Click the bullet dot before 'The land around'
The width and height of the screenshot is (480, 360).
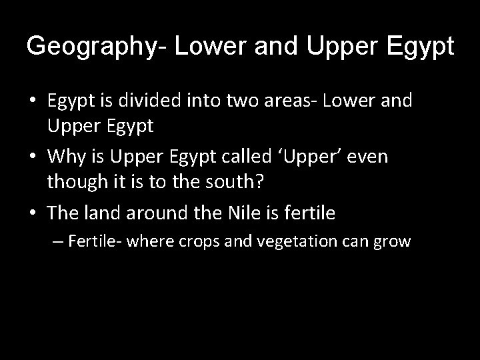click(33, 213)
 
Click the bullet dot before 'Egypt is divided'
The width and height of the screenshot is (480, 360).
click(33, 102)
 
